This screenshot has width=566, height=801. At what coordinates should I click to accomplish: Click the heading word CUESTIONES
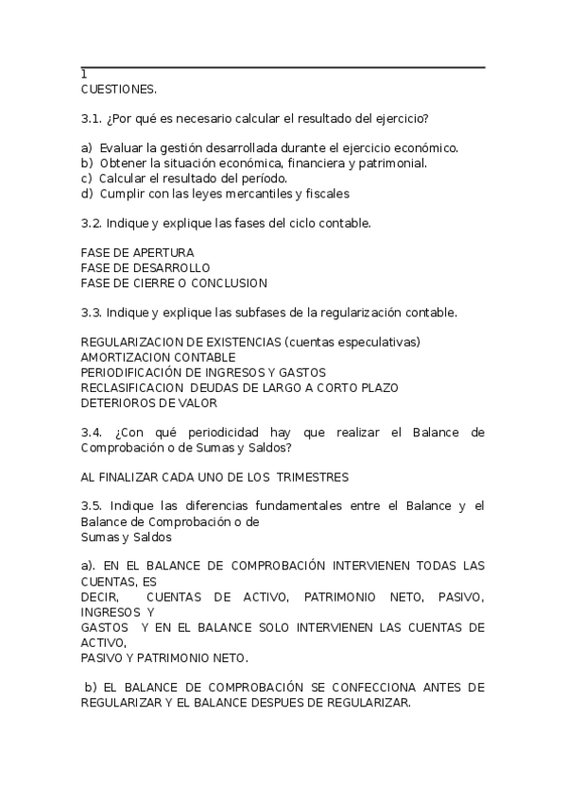tap(119, 89)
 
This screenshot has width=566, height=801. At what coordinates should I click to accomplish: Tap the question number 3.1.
tap(92, 118)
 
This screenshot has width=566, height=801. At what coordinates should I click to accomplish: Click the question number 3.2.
tap(92, 223)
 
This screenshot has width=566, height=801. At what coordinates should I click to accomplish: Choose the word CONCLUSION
tap(232, 282)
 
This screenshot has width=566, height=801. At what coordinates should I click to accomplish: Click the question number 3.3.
tap(92, 312)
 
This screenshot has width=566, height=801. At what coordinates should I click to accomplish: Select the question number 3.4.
tap(93, 433)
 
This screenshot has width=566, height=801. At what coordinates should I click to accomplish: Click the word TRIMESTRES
tap(307, 477)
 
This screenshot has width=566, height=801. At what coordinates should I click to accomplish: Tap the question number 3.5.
tap(92, 506)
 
